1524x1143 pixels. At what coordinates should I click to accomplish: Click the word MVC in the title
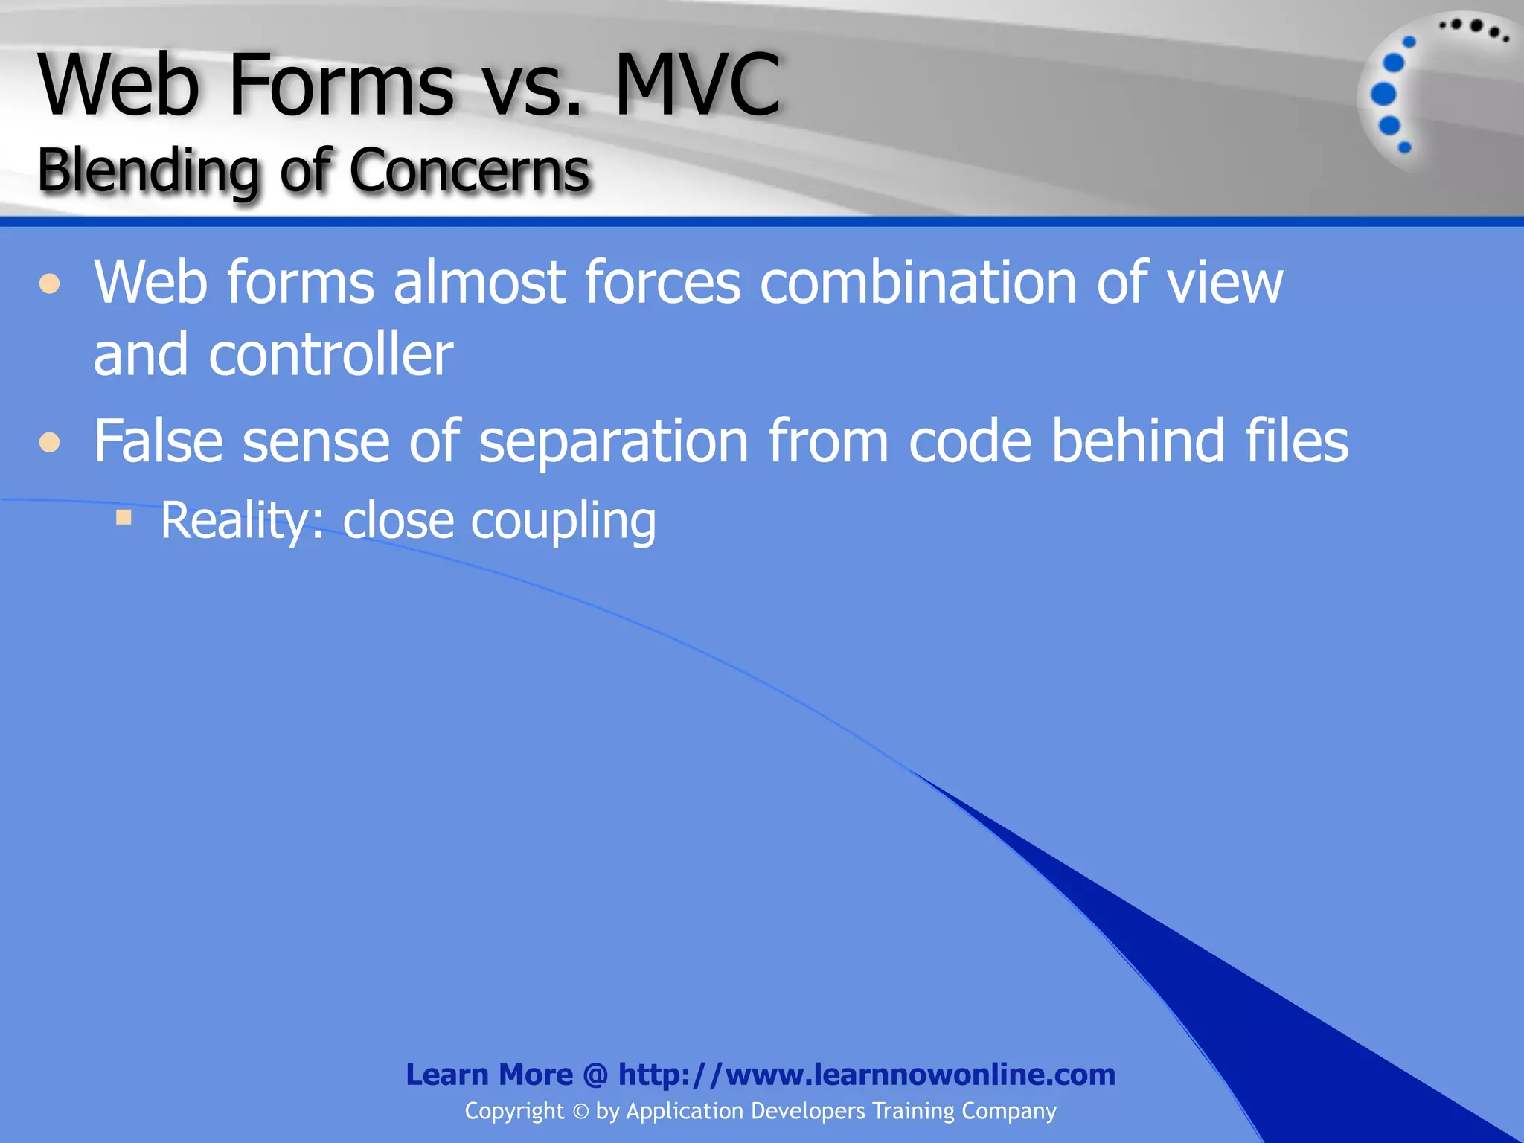(697, 86)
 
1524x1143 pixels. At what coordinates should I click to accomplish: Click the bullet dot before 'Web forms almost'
(50, 284)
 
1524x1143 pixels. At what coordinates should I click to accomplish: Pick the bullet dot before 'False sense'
(50, 443)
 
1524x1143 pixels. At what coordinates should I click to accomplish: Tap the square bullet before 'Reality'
(124, 516)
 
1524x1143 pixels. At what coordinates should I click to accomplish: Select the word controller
(330, 355)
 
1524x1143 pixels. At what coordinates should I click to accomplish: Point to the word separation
(613, 442)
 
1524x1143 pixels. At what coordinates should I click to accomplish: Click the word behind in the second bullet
(1138, 441)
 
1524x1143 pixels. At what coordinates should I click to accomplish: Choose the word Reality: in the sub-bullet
(243, 521)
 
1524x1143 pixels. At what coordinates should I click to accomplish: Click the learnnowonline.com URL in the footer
(866, 1075)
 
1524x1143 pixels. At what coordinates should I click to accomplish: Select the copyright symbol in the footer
(580, 1112)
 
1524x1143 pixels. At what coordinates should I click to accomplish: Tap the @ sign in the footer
(595, 1075)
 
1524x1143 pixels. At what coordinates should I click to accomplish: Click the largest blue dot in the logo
(1383, 95)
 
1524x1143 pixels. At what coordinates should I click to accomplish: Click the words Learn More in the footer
(489, 1075)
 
